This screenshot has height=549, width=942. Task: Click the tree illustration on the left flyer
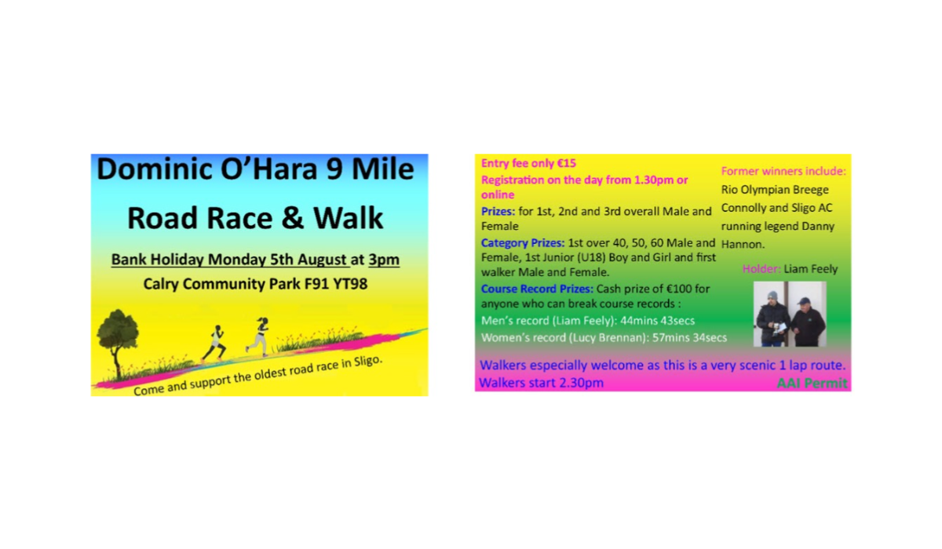coord(115,337)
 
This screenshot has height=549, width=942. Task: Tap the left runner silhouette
coord(215,343)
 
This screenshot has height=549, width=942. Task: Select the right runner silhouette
coord(258,336)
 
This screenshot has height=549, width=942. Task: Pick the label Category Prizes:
coord(520,243)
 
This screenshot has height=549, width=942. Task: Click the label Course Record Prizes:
coord(537,289)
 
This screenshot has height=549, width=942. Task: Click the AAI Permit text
coord(812,384)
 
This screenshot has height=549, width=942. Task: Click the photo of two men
coord(790,314)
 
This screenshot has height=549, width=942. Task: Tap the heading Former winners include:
coord(783,171)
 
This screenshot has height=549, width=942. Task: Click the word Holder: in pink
coord(761,269)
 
